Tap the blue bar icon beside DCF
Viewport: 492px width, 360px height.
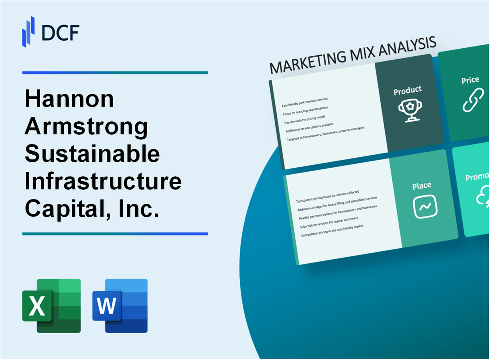29,31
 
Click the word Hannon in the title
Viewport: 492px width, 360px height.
69,99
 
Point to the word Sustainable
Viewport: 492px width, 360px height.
92,154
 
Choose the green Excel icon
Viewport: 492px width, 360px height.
51,306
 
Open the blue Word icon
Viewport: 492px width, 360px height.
120,306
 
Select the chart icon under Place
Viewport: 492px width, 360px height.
424,207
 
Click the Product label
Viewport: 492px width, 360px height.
407,91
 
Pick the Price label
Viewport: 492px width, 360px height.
470,80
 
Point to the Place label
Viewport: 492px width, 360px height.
422,185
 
